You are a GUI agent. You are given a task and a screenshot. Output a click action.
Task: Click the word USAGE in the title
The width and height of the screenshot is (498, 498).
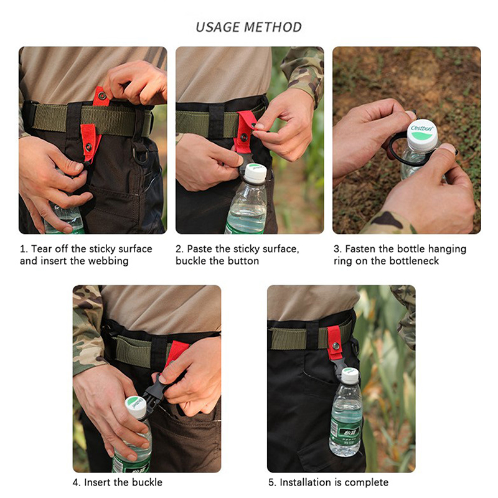tap(218, 27)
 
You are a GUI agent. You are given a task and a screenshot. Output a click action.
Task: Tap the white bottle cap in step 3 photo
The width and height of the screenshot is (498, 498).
tap(423, 134)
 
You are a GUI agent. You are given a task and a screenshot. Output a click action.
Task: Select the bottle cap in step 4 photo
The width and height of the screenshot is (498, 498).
tap(136, 407)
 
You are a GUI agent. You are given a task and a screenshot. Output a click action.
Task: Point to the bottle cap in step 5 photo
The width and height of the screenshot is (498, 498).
tap(350, 375)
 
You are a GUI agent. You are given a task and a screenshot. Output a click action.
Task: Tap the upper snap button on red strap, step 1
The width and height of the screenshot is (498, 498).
tap(101, 95)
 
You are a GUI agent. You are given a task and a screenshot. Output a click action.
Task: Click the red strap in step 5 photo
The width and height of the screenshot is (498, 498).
tap(334, 342)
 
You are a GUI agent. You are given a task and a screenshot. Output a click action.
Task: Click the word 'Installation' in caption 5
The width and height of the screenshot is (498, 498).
tap(302, 482)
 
